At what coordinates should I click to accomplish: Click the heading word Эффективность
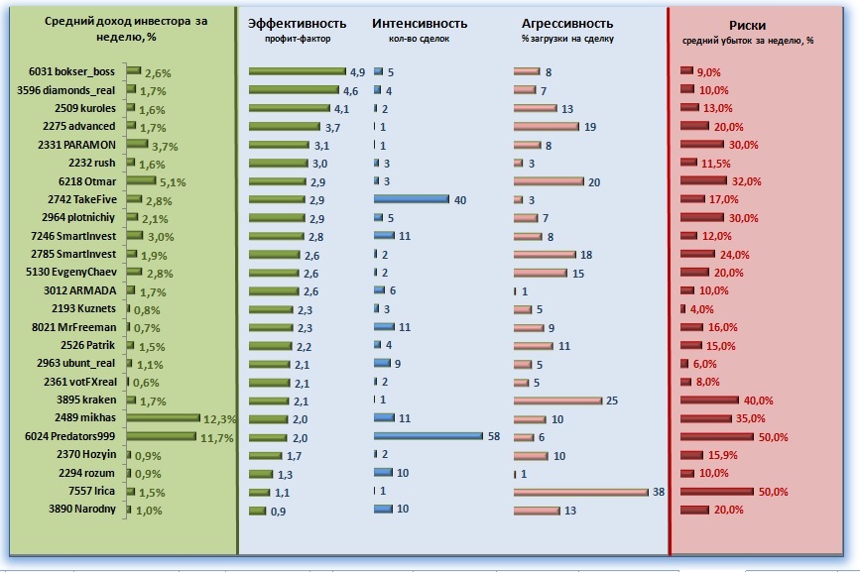coord(297,23)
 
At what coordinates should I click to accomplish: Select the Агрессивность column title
coord(566,23)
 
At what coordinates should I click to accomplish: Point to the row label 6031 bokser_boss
coord(72,71)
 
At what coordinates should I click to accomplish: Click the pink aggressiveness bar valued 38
coord(579,491)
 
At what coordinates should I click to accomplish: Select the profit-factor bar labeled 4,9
coord(297,71)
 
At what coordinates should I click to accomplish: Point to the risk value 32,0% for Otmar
coord(746,181)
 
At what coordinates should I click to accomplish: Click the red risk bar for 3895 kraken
coord(709,400)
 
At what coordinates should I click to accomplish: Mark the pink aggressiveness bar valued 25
coord(557,400)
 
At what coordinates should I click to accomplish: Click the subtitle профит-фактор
coord(298,40)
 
